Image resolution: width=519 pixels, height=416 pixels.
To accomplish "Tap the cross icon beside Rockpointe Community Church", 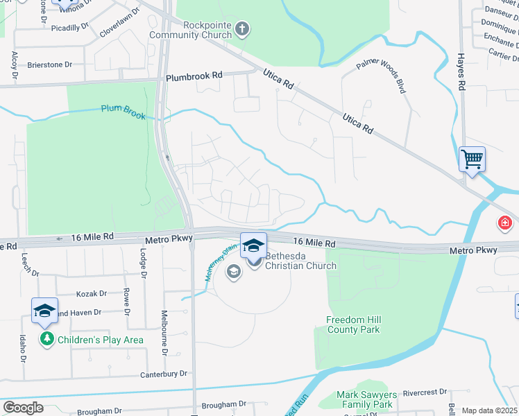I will pyautogui.click(x=241, y=28).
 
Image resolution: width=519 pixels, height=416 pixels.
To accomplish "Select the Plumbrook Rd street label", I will pyautogui.click(x=194, y=75).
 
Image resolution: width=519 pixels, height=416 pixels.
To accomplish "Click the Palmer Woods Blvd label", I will pyautogui.click(x=380, y=76).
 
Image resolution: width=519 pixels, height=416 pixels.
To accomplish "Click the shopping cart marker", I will pyautogui.click(x=472, y=159).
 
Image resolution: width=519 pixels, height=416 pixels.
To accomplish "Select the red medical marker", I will pyautogui.click(x=504, y=224).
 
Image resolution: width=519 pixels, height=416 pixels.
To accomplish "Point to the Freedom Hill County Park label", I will pyautogui.click(x=354, y=324).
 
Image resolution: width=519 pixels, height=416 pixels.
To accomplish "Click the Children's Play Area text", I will pyautogui.click(x=100, y=340).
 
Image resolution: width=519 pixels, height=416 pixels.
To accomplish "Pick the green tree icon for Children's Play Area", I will pyautogui.click(x=47, y=340).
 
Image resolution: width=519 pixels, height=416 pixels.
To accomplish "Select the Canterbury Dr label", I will pyautogui.click(x=164, y=374).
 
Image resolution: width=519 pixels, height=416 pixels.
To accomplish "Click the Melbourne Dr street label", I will pyautogui.click(x=165, y=333).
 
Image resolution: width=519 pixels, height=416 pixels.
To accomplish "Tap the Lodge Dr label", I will pyautogui.click(x=143, y=263).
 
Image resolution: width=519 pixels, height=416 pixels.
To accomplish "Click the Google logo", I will pyautogui.click(x=23, y=408).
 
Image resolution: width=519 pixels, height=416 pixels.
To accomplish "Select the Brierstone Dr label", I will pyautogui.click(x=49, y=64).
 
